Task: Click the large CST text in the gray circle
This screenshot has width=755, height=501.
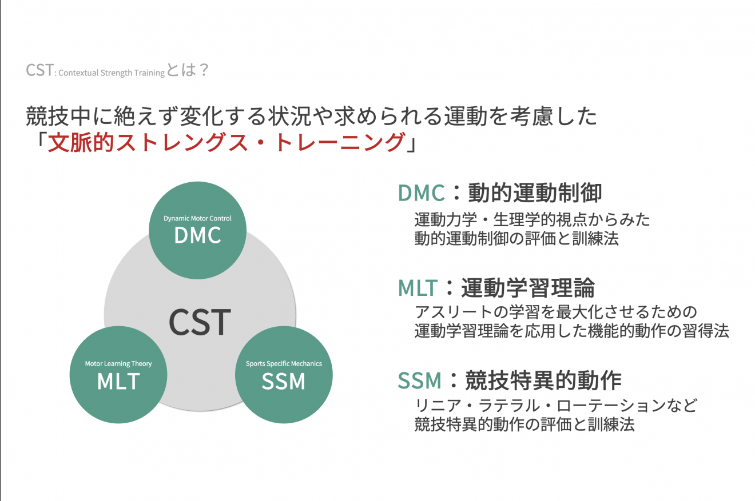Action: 200,322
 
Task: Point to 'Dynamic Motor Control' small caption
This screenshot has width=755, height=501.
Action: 197,218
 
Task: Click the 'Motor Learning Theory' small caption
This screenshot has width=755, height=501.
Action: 118,363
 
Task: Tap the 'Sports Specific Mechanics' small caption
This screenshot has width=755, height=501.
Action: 284,363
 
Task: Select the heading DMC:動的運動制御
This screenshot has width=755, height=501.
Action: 499,193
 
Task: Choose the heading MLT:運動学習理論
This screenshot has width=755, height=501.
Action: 496,287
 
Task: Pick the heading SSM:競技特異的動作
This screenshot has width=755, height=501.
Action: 509,380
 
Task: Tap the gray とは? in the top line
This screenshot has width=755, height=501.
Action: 187,71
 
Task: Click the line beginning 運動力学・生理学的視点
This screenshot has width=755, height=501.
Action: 532,219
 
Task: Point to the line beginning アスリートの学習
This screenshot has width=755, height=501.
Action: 555,312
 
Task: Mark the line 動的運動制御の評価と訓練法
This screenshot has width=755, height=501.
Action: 516,239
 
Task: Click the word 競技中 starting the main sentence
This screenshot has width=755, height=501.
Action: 54,117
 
